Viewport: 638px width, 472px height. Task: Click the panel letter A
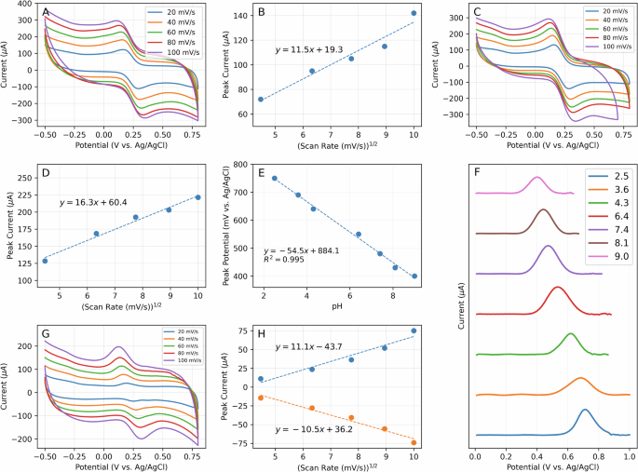tap(46, 14)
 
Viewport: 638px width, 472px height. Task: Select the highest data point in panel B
tap(414, 13)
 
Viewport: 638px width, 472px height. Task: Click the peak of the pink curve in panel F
tap(536, 177)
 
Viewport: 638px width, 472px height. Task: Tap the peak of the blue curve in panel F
tap(585, 410)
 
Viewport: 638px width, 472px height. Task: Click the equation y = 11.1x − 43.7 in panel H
tap(303, 346)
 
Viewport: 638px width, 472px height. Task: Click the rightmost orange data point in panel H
tap(414, 442)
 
